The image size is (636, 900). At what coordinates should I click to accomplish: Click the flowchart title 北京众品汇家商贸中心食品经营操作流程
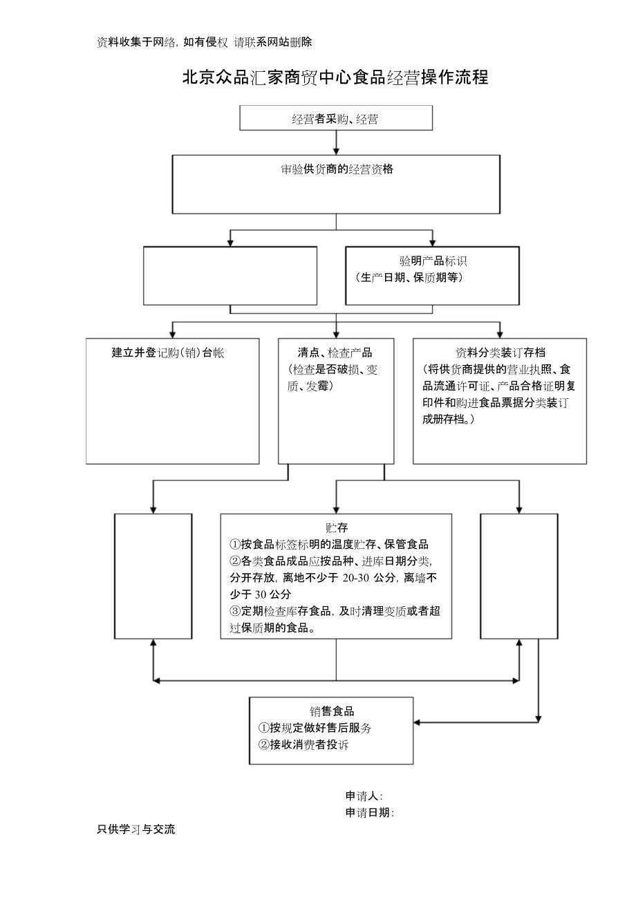pyautogui.click(x=335, y=77)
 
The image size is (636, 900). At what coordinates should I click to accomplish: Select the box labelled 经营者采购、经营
pyautogui.click(x=335, y=118)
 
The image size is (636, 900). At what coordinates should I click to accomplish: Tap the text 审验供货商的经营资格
pyautogui.click(x=337, y=169)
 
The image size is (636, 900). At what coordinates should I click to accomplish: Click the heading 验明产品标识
pyautogui.click(x=432, y=261)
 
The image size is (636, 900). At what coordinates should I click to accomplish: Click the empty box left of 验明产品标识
pyautogui.click(x=230, y=275)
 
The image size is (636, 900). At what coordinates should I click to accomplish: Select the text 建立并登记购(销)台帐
pyautogui.click(x=168, y=353)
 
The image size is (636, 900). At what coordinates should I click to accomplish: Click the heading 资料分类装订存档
pyautogui.click(x=501, y=353)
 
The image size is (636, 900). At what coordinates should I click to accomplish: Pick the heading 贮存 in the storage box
pyautogui.click(x=336, y=527)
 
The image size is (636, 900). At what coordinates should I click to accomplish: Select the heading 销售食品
pyautogui.click(x=332, y=711)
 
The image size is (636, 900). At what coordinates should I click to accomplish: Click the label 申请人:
pyautogui.click(x=364, y=796)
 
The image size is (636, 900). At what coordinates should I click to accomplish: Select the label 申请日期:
pyautogui.click(x=370, y=813)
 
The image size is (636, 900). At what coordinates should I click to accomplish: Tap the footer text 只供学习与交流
pyautogui.click(x=137, y=829)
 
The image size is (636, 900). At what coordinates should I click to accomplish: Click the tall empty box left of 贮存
pyautogui.click(x=153, y=576)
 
